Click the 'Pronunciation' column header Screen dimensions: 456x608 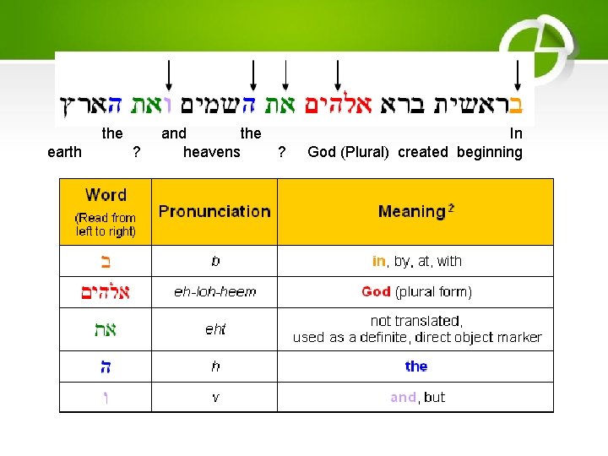point(214,211)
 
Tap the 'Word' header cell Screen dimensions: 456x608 point(106,195)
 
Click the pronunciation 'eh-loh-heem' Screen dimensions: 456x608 point(214,292)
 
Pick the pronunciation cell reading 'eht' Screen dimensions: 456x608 point(215,329)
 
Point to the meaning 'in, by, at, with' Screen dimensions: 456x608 point(416,261)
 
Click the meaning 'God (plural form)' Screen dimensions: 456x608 point(416,292)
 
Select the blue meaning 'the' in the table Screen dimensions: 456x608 point(416,366)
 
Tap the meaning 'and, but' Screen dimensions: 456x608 point(417,397)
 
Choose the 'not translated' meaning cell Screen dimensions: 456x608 point(417,329)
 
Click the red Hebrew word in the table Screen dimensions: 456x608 point(105,292)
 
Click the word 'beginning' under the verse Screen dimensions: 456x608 point(490,152)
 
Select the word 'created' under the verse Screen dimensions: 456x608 point(423,152)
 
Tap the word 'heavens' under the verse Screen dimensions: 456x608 point(212,152)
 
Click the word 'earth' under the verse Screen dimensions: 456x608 point(65,152)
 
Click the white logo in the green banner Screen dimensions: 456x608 point(537,42)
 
